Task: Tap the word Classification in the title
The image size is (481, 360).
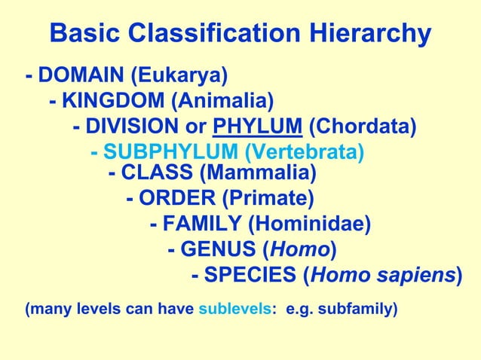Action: coord(191,34)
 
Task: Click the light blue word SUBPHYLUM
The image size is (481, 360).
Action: coord(156,151)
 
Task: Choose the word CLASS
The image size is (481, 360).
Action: coord(157,174)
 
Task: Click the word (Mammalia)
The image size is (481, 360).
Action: coord(257,174)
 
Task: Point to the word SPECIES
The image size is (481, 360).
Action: coord(250,275)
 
